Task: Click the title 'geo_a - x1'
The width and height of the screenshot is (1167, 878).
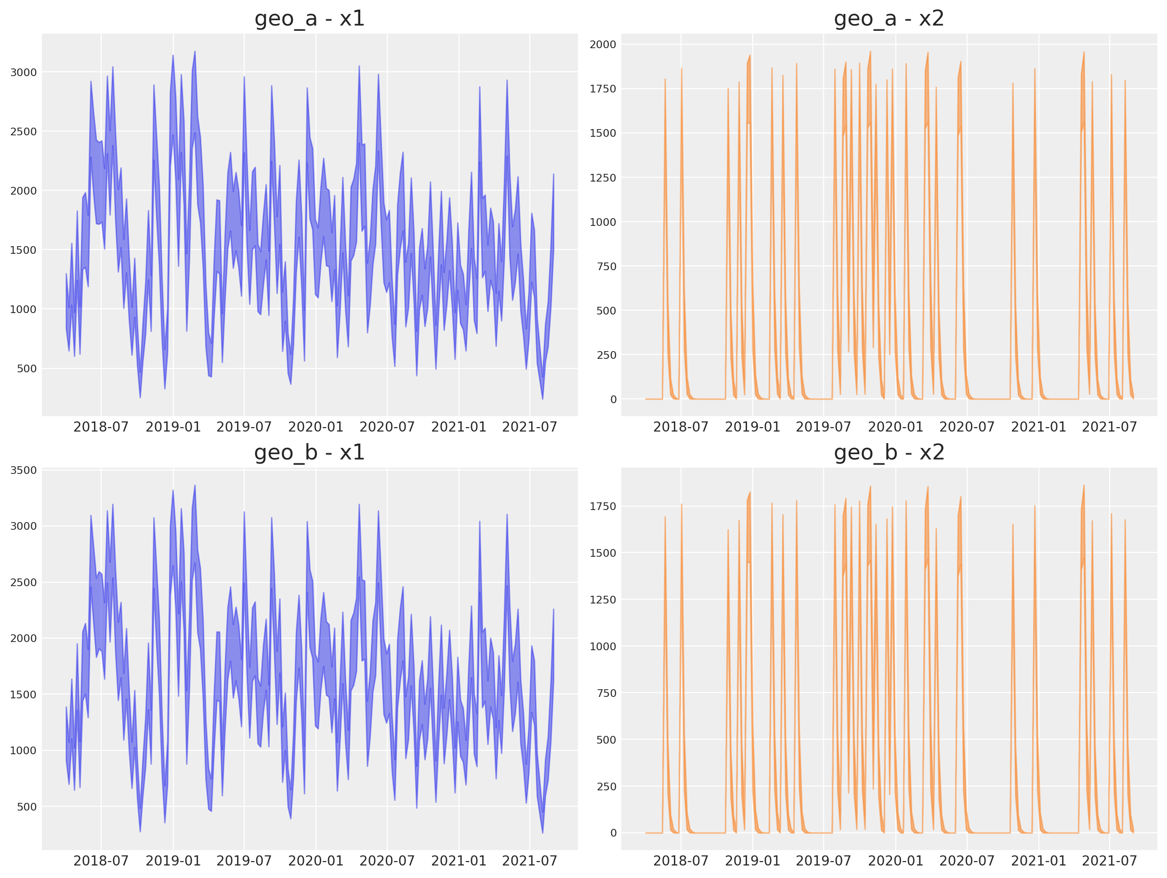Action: (310, 19)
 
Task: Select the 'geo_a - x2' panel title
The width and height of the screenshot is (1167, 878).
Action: (889, 19)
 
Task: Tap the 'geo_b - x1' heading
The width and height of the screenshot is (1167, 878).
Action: (310, 453)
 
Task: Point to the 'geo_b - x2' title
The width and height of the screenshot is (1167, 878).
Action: (889, 453)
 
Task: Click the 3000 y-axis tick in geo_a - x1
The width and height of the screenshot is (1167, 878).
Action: (24, 72)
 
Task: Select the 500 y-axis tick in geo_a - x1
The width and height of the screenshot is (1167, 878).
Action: (27, 369)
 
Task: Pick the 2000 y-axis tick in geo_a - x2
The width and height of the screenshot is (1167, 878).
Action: (603, 44)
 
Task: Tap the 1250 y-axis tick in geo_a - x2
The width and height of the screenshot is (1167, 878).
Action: (603, 178)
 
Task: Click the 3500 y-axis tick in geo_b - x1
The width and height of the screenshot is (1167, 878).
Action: (24, 470)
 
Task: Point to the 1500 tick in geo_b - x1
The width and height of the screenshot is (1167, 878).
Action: (24, 695)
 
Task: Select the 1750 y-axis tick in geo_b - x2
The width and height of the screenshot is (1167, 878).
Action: (603, 507)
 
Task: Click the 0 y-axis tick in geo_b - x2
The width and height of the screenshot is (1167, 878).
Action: (613, 833)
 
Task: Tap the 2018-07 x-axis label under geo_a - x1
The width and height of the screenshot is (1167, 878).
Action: (101, 427)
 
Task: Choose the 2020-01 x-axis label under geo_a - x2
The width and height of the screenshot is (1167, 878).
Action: (895, 427)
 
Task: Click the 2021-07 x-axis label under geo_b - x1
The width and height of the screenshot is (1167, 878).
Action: (530, 861)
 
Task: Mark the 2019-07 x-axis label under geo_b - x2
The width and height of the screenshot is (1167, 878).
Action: (824, 861)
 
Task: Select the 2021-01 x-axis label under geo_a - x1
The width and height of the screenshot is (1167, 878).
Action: (459, 427)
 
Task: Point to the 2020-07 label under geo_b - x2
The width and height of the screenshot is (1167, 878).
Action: (967, 861)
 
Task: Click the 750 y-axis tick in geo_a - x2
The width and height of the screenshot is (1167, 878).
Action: (606, 266)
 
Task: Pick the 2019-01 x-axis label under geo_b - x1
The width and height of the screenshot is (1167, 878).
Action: (173, 861)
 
